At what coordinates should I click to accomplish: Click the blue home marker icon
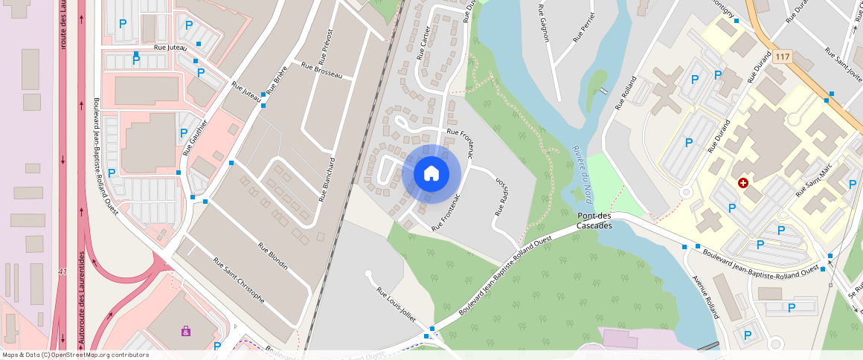(431, 173)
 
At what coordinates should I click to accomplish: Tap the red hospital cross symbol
(742, 182)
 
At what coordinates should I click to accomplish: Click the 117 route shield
(780, 57)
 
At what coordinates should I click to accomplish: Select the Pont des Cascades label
(594, 221)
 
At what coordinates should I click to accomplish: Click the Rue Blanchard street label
(327, 180)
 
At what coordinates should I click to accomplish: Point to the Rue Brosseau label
(321, 70)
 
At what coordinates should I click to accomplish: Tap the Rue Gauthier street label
(195, 138)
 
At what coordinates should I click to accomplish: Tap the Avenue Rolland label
(705, 297)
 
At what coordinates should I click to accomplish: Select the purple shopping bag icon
(185, 330)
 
